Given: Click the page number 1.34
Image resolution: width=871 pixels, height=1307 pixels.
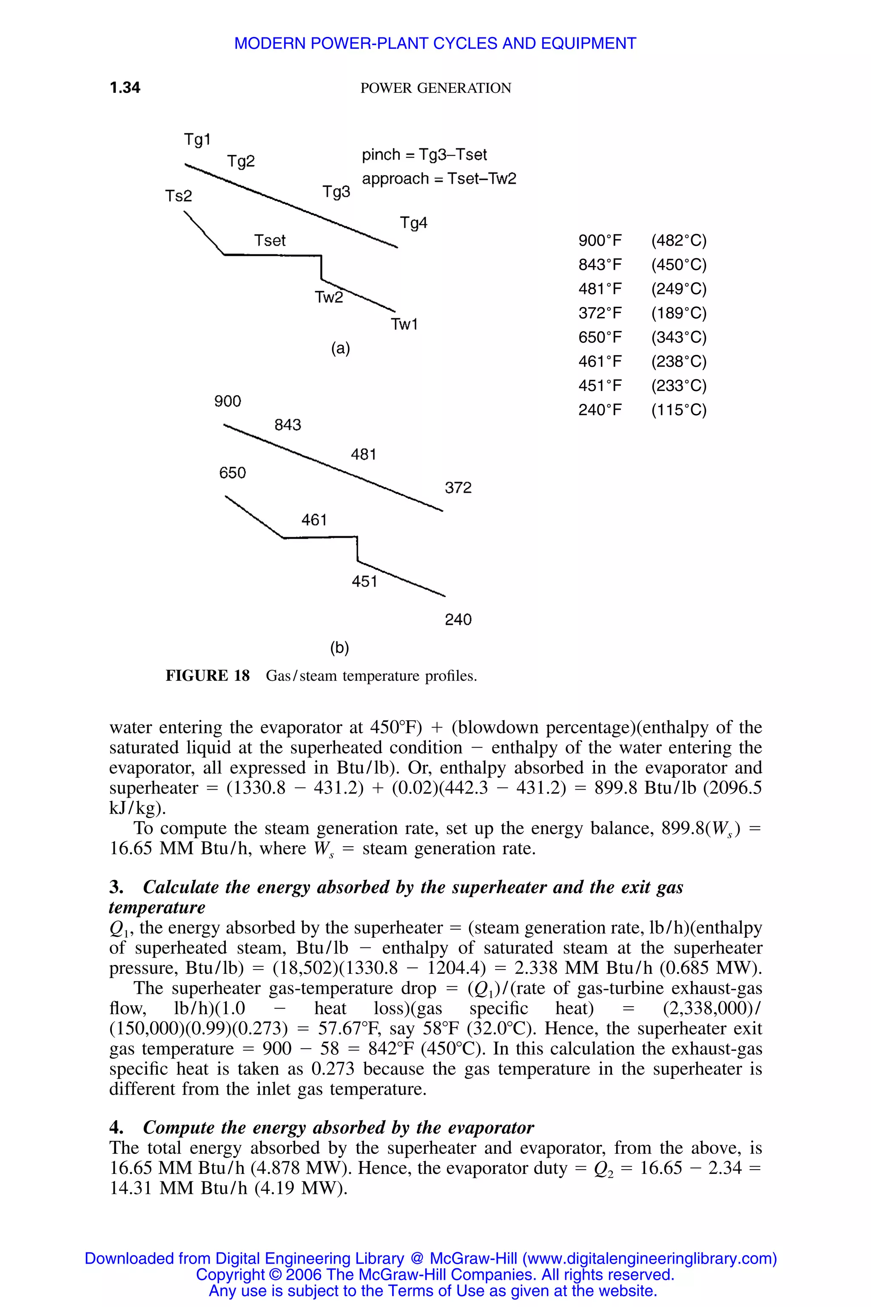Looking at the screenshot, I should pos(125,88).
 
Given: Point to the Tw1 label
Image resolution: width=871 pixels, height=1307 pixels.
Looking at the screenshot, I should pos(404,325).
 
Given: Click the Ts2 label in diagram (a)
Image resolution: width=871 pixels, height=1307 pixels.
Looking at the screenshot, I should pos(178,196).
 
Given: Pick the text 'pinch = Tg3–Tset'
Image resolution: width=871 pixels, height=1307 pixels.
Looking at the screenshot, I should pos(424,154).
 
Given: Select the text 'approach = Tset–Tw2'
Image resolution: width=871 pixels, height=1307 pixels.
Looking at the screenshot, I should pos(439,179).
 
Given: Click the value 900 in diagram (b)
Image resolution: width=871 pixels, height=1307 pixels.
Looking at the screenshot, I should pos(228,401).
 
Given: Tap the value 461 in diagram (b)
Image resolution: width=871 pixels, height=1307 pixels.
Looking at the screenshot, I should pos(314,520).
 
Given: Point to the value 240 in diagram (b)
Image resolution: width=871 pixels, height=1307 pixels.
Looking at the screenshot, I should pos(458,619).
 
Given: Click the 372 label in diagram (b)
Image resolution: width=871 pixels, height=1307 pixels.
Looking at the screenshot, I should pos(458,488).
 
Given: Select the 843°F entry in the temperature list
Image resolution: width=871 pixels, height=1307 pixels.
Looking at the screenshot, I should pos(600,265).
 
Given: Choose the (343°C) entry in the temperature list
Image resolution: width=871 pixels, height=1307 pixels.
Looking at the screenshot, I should pos(679,337).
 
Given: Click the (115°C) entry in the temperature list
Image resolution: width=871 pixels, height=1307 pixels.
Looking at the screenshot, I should pos(679,410).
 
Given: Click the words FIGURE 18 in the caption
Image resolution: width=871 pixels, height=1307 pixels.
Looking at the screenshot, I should pos(208,676).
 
